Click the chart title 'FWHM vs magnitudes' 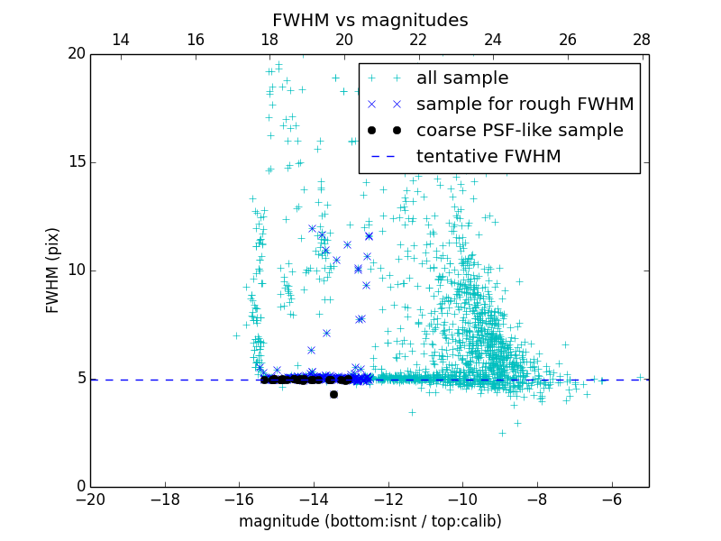(x=370, y=20)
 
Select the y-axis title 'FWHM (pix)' (x=53, y=270)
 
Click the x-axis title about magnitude (x=370, y=521)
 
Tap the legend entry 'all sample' (x=462, y=78)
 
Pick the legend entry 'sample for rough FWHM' (x=525, y=105)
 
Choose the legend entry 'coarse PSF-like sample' (x=519, y=131)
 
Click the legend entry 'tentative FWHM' (x=488, y=157)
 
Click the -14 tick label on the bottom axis (x=313, y=498)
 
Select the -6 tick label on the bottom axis (x=611, y=498)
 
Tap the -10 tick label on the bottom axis (x=461, y=498)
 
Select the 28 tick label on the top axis (x=642, y=40)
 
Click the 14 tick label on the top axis (x=121, y=40)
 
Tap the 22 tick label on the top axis (x=418, y=40)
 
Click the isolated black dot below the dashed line (x=333, y=394)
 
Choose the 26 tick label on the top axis (x=568, y=40)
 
